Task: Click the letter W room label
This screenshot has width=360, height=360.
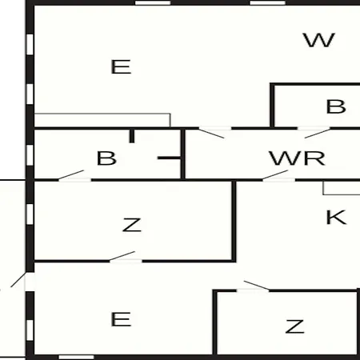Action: tap(319, 40)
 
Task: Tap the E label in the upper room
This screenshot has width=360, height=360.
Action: tap(121, 67)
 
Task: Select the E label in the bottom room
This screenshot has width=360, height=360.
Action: tap(121, 319)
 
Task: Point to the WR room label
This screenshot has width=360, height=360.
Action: tap(297, 158)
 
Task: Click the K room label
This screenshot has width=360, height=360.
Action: tap(336, 218)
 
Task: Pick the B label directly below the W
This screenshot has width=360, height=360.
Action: tap(336, 106)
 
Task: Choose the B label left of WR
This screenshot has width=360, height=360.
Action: tap(106, 158)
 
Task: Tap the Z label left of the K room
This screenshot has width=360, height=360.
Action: tap(132, 225)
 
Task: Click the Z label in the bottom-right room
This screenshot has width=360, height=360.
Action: tap(294, 326)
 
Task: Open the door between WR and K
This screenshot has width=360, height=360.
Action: tap(278, 176)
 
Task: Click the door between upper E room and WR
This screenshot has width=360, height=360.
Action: tap(214, 132)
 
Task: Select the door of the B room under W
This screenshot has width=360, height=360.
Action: tap(314, 132)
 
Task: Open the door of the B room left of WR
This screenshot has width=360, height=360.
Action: tap(74, 176)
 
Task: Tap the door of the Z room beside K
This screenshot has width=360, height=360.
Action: tap(126, 257)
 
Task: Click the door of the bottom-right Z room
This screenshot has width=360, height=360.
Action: tap(253, 286)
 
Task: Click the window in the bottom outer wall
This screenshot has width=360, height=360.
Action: tap(76, 357)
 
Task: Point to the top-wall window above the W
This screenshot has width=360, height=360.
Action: tap(267, 3)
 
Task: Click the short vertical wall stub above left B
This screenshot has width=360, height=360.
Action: tap(132, 136)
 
